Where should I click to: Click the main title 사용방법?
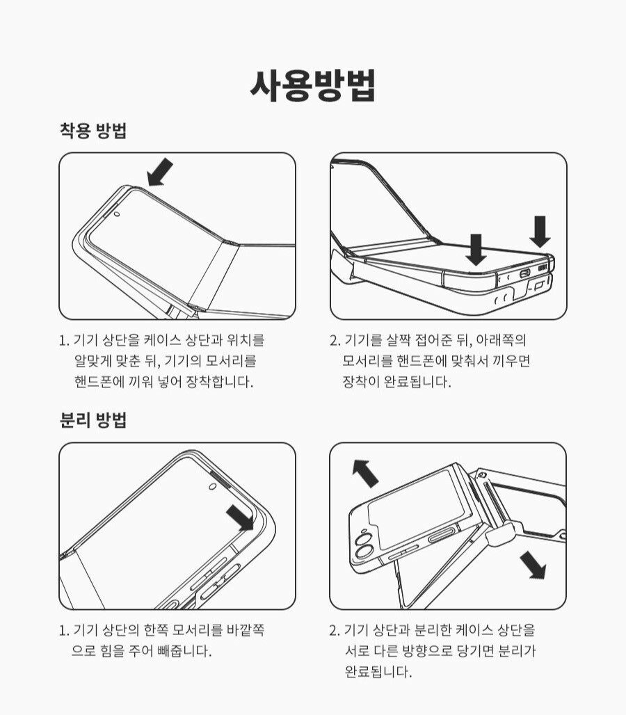313,86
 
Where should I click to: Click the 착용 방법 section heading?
93,131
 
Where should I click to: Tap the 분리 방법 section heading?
93,419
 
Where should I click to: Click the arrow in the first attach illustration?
160,172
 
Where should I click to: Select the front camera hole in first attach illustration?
117,214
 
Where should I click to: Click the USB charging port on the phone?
524,273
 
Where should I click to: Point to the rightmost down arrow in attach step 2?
540,232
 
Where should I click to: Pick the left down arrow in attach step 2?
476,250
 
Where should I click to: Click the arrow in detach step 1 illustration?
240,517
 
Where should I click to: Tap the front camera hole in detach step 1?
212,487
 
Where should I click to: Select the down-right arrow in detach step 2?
533,565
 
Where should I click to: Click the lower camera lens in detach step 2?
364,553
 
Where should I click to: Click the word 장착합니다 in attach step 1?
219,382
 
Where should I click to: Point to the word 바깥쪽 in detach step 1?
245,629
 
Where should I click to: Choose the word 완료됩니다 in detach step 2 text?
378,671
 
